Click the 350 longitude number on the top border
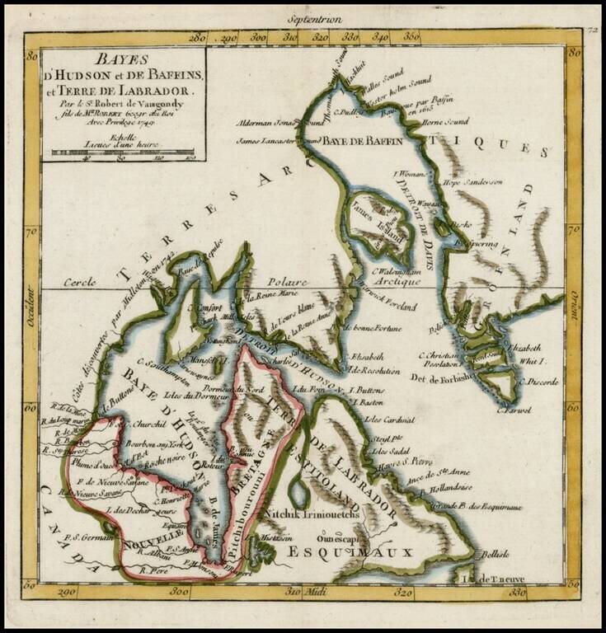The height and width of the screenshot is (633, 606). (x=409, y=36)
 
